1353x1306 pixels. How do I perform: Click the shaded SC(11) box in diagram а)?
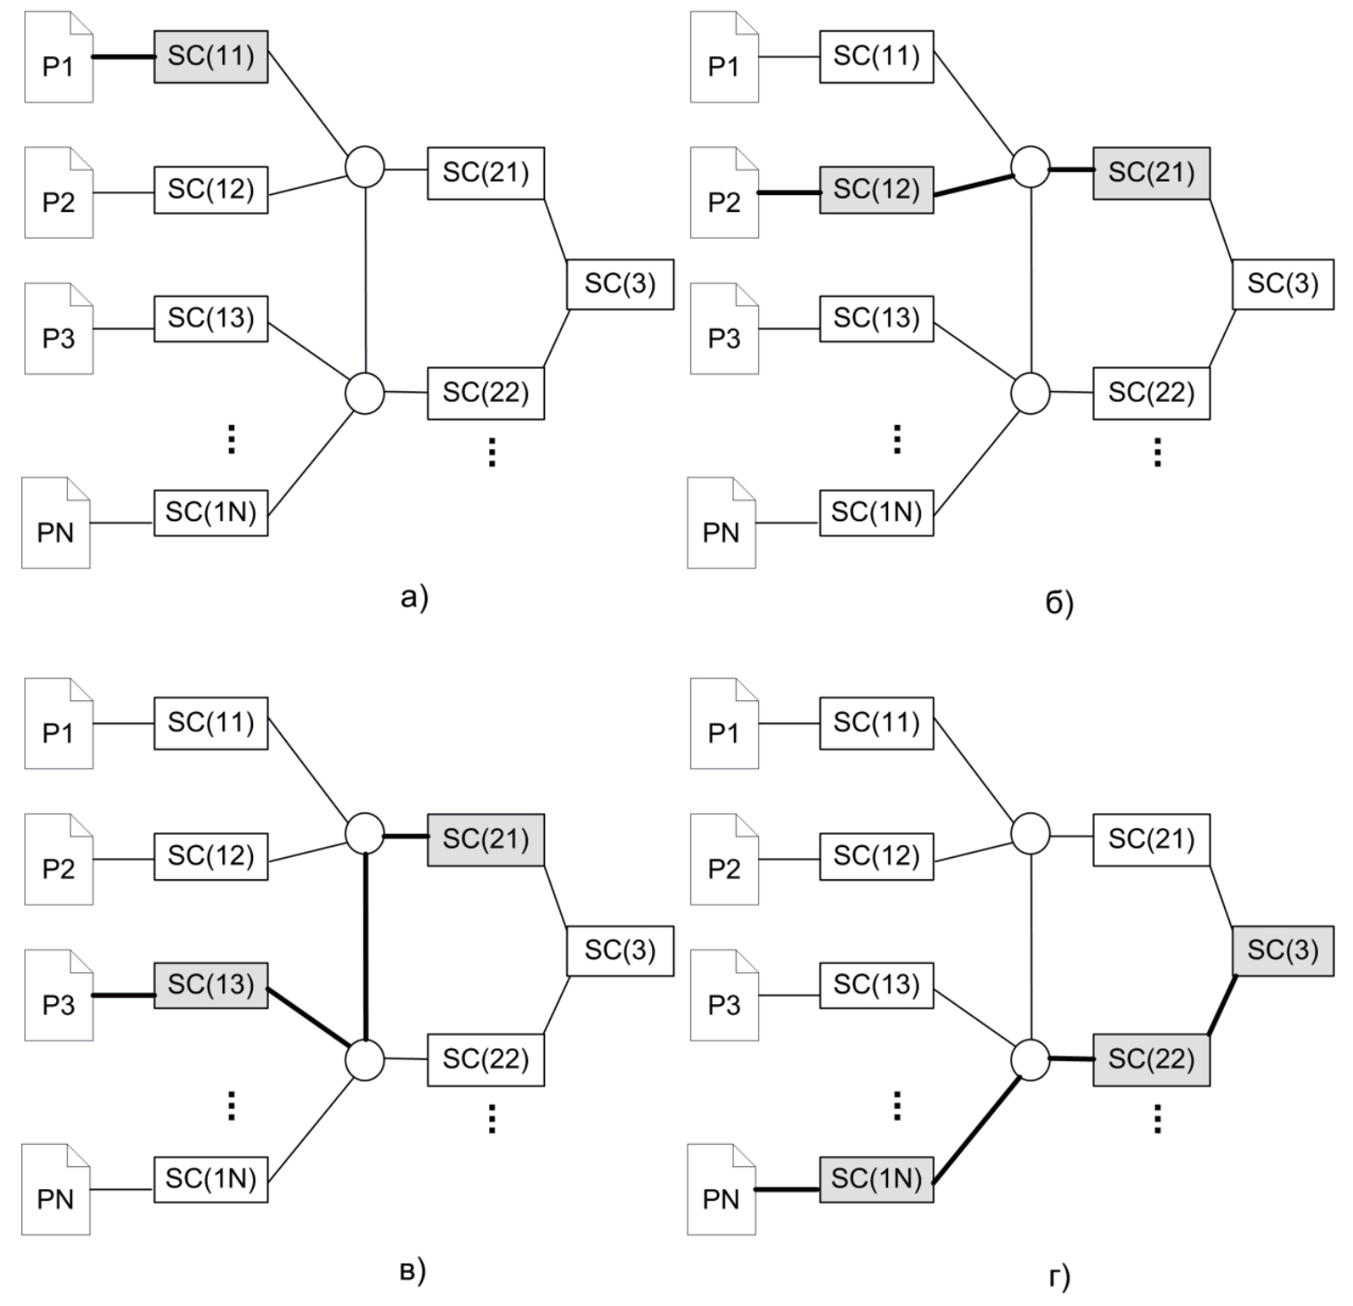210,57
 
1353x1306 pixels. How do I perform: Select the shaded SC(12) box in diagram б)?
876,190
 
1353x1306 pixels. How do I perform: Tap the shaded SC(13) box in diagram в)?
210,985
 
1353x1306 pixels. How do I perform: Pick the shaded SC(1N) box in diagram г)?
876,1179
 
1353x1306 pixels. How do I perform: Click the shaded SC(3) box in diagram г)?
1283,951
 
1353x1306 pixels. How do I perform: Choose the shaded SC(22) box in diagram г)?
1151,1060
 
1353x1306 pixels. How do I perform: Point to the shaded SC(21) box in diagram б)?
1151,173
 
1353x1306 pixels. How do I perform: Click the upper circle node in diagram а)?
364,167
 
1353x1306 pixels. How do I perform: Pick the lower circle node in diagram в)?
364,1060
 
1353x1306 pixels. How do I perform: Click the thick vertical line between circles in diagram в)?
365,946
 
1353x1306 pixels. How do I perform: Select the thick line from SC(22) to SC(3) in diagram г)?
1222,1006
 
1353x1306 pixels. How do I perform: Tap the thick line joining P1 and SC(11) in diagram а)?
124,58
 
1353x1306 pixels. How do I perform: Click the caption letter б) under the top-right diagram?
1059,604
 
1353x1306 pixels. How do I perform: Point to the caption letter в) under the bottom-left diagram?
412,1271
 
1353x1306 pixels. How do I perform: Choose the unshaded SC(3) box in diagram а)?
620,284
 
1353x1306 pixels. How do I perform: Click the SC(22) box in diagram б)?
1151,393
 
